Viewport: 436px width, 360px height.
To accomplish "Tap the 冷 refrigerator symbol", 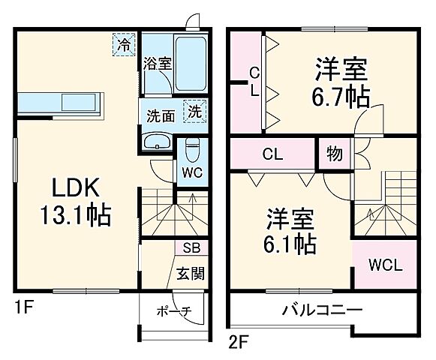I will coord(123,43).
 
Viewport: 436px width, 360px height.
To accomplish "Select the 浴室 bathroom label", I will coord(158,64).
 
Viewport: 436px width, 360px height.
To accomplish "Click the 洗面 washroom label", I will coord(160,116).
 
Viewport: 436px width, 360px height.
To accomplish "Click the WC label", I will coord(191,171).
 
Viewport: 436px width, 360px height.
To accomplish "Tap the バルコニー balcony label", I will coord(323,309).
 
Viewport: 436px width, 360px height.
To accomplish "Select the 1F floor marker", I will coord(23,306).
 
